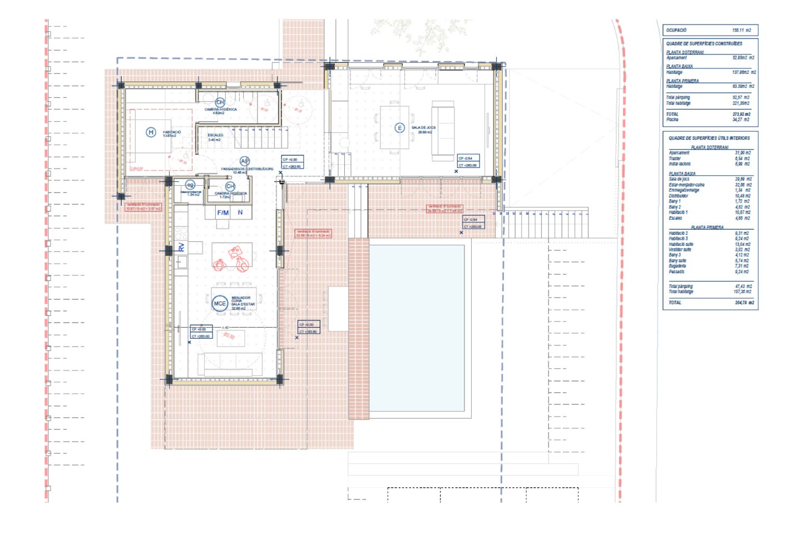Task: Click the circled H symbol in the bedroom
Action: [150, 132]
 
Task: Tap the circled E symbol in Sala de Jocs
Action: [399, 128]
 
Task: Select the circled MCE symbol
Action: [220, 303]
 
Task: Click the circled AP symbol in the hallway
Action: [244, 161]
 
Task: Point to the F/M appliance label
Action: [222, 212]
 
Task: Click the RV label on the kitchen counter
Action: [181, 247]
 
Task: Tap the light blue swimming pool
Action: [417, 328]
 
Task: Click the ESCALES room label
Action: [215, 135]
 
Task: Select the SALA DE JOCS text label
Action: [423, 127]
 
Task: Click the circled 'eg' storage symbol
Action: [190, 185]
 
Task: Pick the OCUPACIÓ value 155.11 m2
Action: [741, 30]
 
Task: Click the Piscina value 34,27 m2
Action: [740, 120]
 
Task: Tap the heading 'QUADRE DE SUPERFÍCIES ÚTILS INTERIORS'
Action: [709, 138]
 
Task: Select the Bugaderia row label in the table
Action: [677, 266]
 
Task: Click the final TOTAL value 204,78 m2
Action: [744, 303]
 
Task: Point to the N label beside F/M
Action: [240, 212]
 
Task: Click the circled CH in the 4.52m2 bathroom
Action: [220, 102]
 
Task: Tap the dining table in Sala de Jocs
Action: [394, 127]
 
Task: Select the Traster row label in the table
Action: [675, 159]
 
